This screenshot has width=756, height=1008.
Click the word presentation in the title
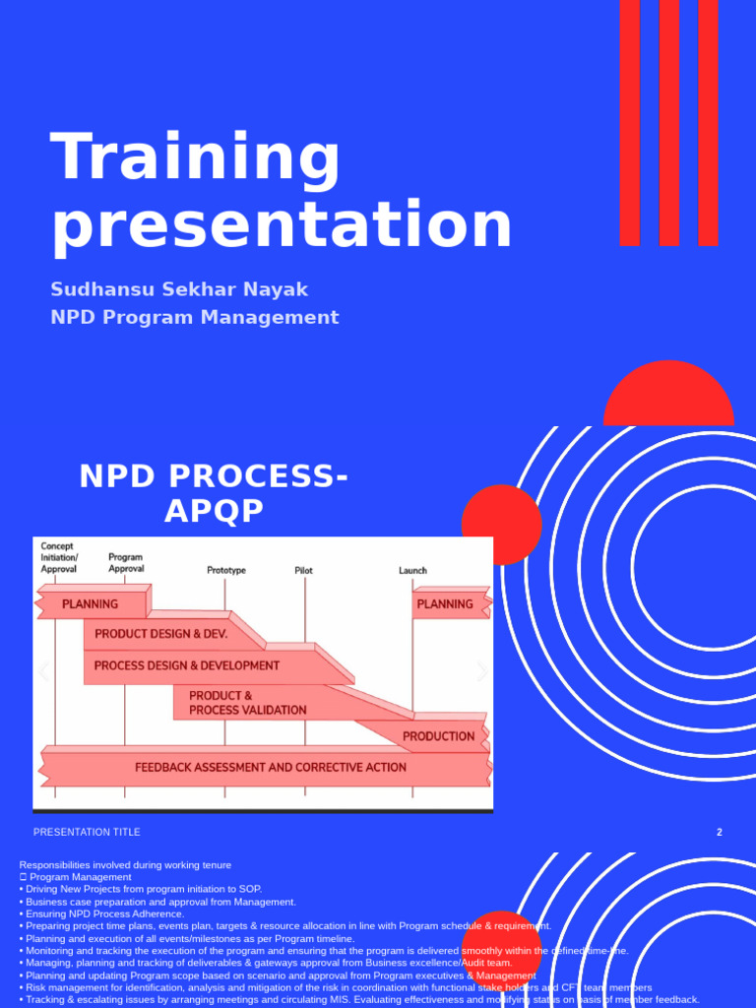(x=282, y=225)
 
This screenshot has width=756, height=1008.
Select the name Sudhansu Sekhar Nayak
(x=179, y=289)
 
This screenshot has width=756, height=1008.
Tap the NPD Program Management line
(x=195, y=317)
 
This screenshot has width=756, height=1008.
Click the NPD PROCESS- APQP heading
(x=214, y=493)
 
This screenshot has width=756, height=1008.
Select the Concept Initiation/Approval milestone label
(x=59, y=557)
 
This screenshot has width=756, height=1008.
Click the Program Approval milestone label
(x=126, y=562)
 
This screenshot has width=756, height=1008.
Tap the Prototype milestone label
(x=226, y=570)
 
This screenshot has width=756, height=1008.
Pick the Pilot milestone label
(x=304, y=570)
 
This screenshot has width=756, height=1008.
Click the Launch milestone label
(x=412, y=570)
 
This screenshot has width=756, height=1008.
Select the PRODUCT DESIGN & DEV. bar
(x=160, y=634)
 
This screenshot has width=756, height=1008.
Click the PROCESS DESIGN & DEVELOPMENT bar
(x=187, y=665)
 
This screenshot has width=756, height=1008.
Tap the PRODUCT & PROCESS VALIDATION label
(x=247, y=703)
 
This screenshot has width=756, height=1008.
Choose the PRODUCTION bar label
(x=438, y=735)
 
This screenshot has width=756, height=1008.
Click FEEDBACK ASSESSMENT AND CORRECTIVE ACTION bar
(x=270, y=767)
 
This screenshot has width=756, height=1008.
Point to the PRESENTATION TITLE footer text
(x=87, y=832)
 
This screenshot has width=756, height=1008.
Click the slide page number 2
(x=719, y=832)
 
